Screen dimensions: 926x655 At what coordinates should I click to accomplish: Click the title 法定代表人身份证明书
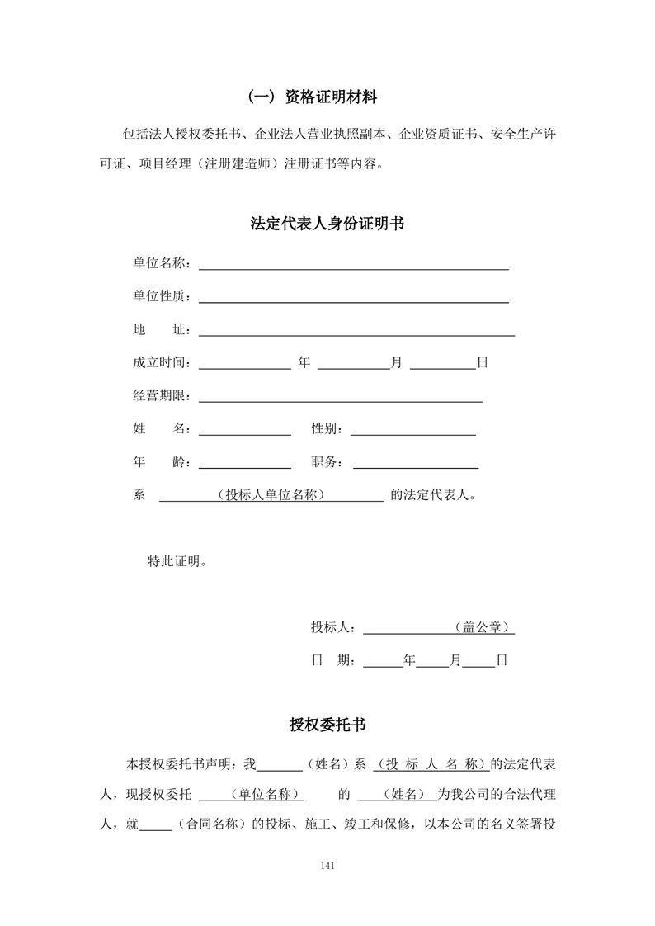[327, 224]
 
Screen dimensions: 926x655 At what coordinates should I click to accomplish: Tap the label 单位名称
[162, 263]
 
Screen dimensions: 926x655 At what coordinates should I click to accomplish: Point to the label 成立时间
[162, 362]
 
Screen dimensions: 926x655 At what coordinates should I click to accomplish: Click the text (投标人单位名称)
[271, 495]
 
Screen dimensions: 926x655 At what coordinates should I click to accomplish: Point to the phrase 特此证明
[177, 561]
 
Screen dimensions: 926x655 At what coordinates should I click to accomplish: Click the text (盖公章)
[482, 627]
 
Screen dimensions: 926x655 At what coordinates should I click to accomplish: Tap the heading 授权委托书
[327, 725]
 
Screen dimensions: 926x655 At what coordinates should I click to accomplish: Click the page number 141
[327, 866]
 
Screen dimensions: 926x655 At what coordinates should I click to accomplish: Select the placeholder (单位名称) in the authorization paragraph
[264, 795]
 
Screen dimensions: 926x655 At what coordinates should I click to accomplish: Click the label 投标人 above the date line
[332, 627]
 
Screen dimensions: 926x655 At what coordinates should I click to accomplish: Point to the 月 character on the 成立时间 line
[396, 362]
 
